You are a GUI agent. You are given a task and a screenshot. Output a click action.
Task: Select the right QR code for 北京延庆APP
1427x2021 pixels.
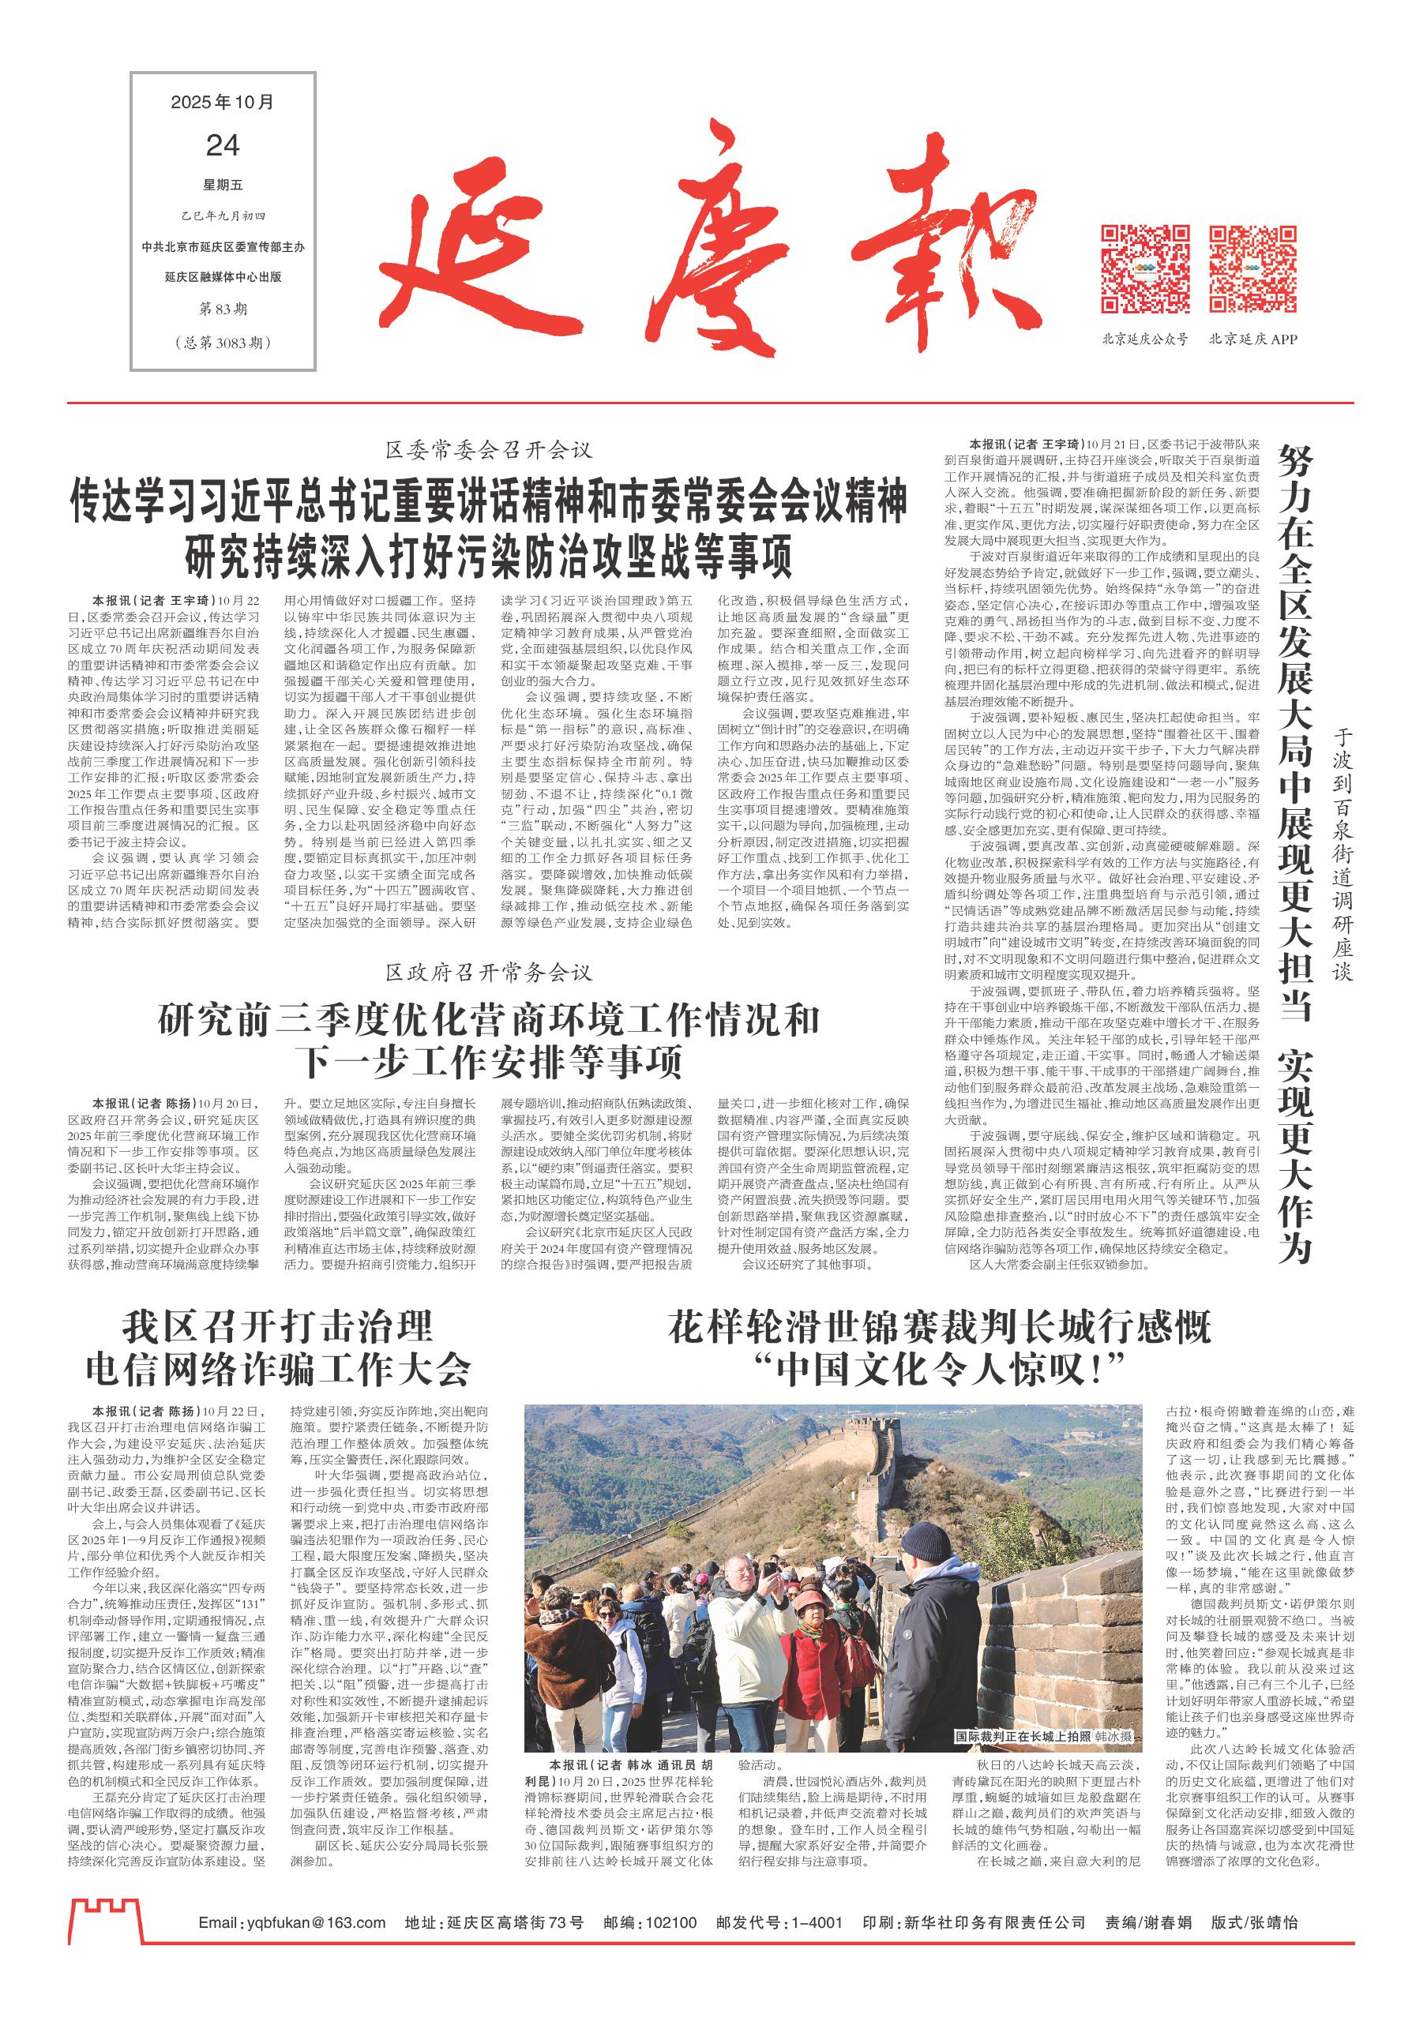tap(1252, 269)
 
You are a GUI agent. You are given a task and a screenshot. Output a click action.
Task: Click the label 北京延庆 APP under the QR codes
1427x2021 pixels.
tap(1252, 339)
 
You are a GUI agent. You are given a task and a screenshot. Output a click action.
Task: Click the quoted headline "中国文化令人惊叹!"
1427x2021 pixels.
tap(939, 1367)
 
